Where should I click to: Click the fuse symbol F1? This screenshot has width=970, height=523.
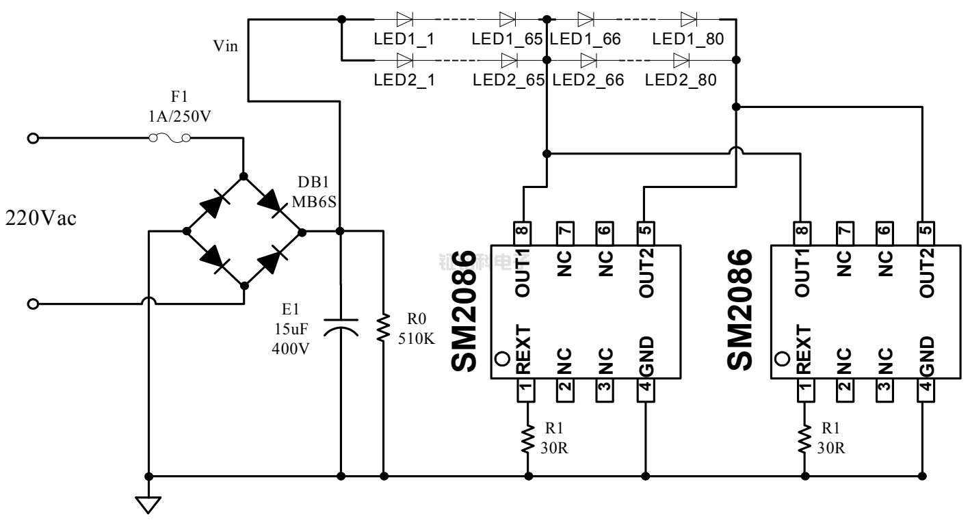tap(169, 139)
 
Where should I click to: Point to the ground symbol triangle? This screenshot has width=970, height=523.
tap(148, 505)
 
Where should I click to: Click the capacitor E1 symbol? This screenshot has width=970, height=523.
tap(340, 326)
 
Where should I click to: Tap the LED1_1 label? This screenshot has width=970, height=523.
tap(404, 40)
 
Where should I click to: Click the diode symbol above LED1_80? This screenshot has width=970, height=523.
tap(689, 18)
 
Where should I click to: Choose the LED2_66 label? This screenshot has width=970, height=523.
tap(586, 81)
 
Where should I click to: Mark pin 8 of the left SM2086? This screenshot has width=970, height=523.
tap(523, 232)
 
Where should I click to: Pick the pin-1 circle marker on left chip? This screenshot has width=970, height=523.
tap(501, 358)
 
